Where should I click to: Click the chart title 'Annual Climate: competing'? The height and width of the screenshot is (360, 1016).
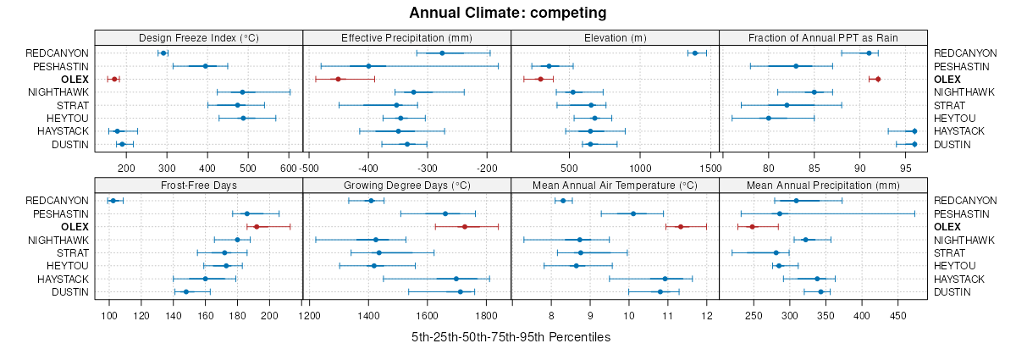[x=507, y=13]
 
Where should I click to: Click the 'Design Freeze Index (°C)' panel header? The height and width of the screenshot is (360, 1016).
[x=198, y=37]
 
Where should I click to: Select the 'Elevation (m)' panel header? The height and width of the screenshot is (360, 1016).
[x=615, y=37]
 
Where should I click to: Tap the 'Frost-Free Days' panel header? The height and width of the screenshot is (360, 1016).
[x=198, y=185]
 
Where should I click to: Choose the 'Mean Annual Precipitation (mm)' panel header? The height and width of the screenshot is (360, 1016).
[x=823, y=185]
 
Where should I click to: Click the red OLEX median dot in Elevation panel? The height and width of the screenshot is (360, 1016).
[x=540, y=79]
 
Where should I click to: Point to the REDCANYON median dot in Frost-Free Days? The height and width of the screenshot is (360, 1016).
[x=113, y=201]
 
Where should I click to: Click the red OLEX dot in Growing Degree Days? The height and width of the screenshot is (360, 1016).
[x=464, y=227]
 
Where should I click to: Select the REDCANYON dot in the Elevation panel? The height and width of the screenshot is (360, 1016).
[x=695, y=53]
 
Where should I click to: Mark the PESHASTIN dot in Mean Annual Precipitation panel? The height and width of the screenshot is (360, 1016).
[x=780, y=213]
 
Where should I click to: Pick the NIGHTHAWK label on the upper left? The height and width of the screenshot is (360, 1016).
[x=58, y=91]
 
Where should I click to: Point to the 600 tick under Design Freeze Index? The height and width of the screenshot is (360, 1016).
[x=289, y=169]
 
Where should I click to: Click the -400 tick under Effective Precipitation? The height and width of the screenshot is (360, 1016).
[x=368, y=169]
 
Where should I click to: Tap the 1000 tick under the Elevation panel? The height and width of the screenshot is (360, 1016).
[x=640, y=169]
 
